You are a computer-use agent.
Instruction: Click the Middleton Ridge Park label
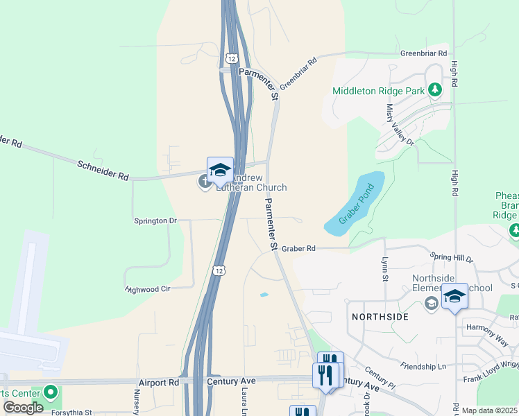377,91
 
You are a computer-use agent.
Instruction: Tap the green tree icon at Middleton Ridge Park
435,89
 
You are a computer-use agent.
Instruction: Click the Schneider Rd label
103,168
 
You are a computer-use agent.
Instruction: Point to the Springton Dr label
155,220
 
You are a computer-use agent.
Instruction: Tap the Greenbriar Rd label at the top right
423,53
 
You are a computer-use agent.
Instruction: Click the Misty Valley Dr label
400,124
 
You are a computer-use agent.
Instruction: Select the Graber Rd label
298,248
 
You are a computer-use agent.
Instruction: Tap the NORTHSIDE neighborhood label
380,316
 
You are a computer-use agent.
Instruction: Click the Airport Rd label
158,382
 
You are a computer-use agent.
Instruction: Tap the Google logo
23,407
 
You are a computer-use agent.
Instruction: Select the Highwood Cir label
148,289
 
